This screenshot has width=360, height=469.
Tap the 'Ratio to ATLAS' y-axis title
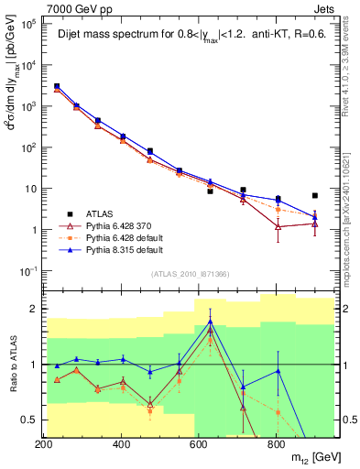(x=12, y=365)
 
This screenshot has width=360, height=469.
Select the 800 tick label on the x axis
(x=276, y=442)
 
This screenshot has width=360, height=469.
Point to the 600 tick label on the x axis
(x=199, y=442)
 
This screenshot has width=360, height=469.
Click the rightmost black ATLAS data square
(x=314, y=195)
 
